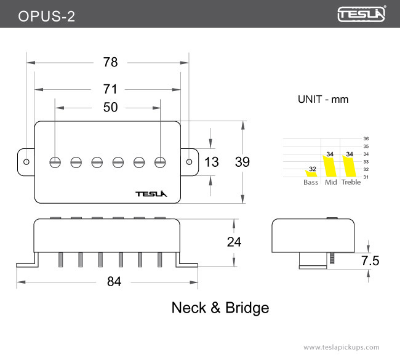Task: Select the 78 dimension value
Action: pyautogui.click(x=110, y=63)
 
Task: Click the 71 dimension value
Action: pyautogui.click(x=110, y=89)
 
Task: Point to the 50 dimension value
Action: pyautogui.click(x=110, y=107)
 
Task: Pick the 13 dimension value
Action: pyautogui.click(x=211, y=162)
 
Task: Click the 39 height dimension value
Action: pyautogui.click(x=242, y=162)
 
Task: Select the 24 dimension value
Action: pyautogui.click(x=234, y=242)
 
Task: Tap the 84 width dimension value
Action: pyautogui.click(x=114, y=281)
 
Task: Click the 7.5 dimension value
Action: pyautogui.click(x=370, y=261)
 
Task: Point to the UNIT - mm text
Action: pyautogui.click(x=323, y=99)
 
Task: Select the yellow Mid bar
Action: pyautogui.click(x=330, y=165)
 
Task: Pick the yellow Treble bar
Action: pyautogui.click(x=350, y=165)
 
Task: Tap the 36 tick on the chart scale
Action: pyautogui.click(x=366, y=139)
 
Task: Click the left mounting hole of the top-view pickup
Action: pyautogui.click(x=26, y=162)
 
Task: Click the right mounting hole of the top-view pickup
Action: pyautogui.click(x=188, y=161)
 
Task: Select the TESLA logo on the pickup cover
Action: pyautogui.click(x=151, y=194)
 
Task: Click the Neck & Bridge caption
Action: pyautogui.click(x=220, y=308)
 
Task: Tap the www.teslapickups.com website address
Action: pyautogui.click(x=341, y=347)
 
